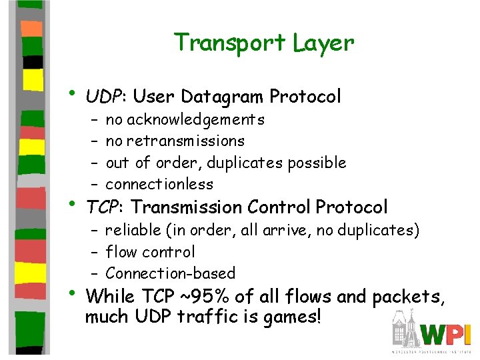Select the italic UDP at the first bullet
(105, 97)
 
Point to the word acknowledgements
(195, 120)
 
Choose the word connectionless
(159, 184)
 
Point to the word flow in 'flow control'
(120, 252)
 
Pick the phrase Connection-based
(170, 273)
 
